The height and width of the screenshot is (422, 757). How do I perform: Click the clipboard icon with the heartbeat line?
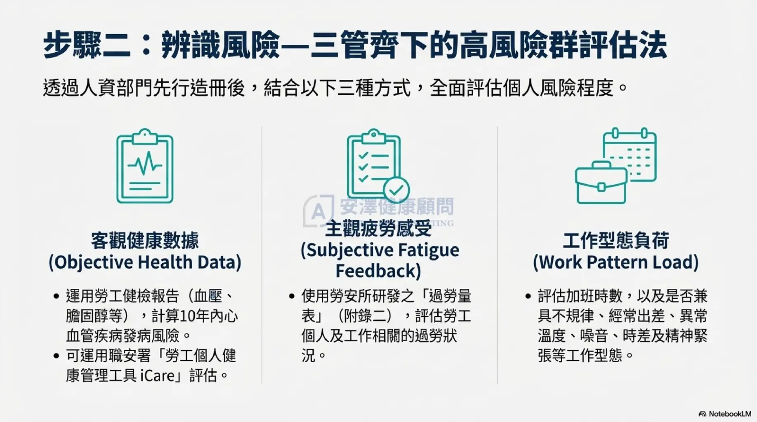[144, 166]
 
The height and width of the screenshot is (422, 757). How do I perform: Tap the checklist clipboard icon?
[373, 165]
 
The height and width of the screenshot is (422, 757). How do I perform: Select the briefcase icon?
[601, 183]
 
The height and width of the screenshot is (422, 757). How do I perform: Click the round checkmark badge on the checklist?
[396, 190]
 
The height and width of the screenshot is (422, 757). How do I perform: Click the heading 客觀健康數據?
[145, 241]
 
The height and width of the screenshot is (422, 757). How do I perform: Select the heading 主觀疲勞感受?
[378, 229]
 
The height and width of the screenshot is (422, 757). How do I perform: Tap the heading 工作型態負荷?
[616, 241]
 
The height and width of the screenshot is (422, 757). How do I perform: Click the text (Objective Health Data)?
[145, 262]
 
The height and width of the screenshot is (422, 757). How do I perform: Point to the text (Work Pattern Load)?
[616, 262]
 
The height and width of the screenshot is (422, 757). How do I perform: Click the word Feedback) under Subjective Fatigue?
[378, 271]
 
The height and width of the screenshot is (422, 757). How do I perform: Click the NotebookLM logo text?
[729, 414]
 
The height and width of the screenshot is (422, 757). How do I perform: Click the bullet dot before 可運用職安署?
[57, 356]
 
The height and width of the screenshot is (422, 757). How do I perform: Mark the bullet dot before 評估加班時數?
[528, 296]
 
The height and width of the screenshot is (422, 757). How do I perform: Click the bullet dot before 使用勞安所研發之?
[292, 296]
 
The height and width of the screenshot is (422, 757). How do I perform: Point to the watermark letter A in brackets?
[318, 211]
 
